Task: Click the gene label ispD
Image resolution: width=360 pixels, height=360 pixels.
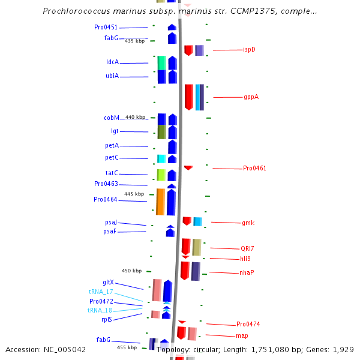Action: click(249, 49)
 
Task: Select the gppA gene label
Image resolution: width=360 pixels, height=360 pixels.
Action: click(251, 97)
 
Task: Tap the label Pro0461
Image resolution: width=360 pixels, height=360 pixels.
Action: click(254, 168)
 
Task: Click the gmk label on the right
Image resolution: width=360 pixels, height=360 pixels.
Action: click(248, 223)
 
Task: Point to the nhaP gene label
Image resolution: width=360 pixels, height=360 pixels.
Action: click(247, 272)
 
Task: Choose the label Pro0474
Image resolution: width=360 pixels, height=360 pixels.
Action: click(248, 324)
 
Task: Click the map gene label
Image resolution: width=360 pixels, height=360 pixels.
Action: click(242, 335)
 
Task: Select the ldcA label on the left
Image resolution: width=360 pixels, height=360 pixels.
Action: click(112, 62)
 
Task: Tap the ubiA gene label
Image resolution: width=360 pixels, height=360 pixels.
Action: click(112, 76)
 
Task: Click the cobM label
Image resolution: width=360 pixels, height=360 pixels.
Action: click(111, 118)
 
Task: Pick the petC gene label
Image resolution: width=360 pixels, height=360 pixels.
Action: click(112, 157)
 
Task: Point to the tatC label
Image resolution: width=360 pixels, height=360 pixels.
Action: click(112, 173)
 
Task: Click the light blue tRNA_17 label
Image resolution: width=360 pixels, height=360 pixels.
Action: click(100, 292)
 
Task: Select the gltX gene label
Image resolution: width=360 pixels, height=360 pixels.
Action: click(108, 282)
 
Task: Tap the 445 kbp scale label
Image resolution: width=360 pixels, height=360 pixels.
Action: click(134, 194)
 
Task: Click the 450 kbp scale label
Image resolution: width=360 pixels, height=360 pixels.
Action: click(131, 271)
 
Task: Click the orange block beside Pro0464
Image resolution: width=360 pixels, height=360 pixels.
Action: click(160, 202)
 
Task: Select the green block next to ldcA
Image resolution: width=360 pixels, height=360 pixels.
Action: click(161, 62)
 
